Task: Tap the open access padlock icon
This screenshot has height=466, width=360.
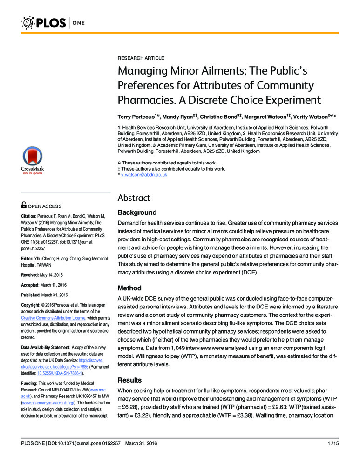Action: point(24,205)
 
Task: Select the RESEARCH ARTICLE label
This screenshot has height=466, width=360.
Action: point(141,58)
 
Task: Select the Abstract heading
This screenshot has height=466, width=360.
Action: point(134,198)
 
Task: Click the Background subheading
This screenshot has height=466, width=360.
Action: point(137,212)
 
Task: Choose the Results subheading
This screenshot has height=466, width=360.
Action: point(130,380)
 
